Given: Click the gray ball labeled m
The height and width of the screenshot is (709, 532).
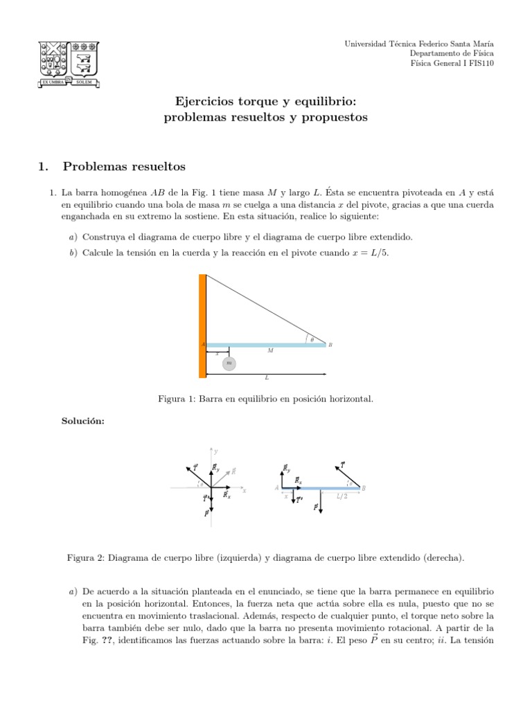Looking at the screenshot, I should [x=229, y=364].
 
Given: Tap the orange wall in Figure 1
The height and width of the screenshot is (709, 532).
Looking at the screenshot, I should [x=202, y=325].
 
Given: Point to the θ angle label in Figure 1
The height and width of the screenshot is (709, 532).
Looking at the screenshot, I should [x=312, y=339].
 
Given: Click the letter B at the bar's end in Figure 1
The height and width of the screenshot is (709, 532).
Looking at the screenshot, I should [x=330, y=344].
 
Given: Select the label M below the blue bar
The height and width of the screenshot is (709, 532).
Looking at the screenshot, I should [x=270, y=351].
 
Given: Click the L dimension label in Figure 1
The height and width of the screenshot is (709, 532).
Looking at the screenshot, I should [x=267, y=378].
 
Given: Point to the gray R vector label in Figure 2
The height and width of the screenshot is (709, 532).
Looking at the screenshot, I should [x=233, y=471].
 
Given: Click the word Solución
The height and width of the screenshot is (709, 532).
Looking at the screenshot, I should [x=83, y=422].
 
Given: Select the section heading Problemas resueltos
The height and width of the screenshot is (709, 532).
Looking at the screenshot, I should [x=124, y=166].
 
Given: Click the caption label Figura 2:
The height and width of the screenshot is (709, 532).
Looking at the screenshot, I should [x=87, y=557].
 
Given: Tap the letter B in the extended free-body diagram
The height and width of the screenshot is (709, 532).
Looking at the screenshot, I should [x=364, y=488].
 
